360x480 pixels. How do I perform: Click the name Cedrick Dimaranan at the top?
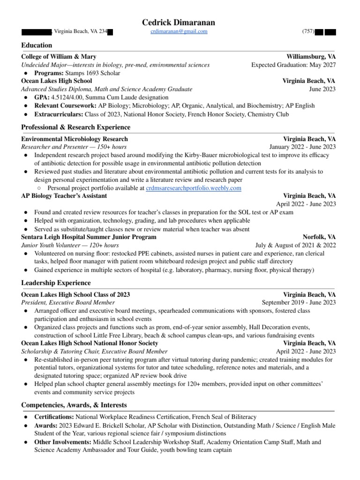coord(180,22)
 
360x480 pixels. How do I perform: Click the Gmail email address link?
coord(179,31)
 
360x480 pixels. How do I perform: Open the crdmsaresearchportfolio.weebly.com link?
coord(194,187)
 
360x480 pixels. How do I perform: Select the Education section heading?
coord(37,45)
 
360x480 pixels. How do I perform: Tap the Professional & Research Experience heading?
coord(76,127)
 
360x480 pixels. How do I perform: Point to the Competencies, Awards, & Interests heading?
coord(74,405)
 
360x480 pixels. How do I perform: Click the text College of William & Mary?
coord(59,56)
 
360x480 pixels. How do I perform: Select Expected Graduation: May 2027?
coord(293,65)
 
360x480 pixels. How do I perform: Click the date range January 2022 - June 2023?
coord(302,147)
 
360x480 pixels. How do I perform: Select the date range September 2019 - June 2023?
coord(299,302)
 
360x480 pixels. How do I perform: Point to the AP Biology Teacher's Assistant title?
coord(64,195)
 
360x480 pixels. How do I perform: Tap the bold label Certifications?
coord(54,416)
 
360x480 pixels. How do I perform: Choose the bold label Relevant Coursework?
coord(66,106)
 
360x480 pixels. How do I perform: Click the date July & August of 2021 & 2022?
coord(295,245)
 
